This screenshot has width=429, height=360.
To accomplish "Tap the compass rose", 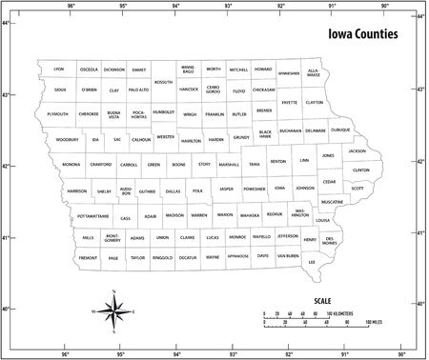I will point(114,310).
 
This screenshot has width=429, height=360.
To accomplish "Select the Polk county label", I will point(197,190).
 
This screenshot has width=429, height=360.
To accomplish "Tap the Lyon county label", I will point(58,70).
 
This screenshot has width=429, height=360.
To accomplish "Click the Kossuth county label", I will point(163,82).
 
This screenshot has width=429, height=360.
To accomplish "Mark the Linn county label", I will point(304,160).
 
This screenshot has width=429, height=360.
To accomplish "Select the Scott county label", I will point(357,189).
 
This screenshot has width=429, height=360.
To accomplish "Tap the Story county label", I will point(204,165).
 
